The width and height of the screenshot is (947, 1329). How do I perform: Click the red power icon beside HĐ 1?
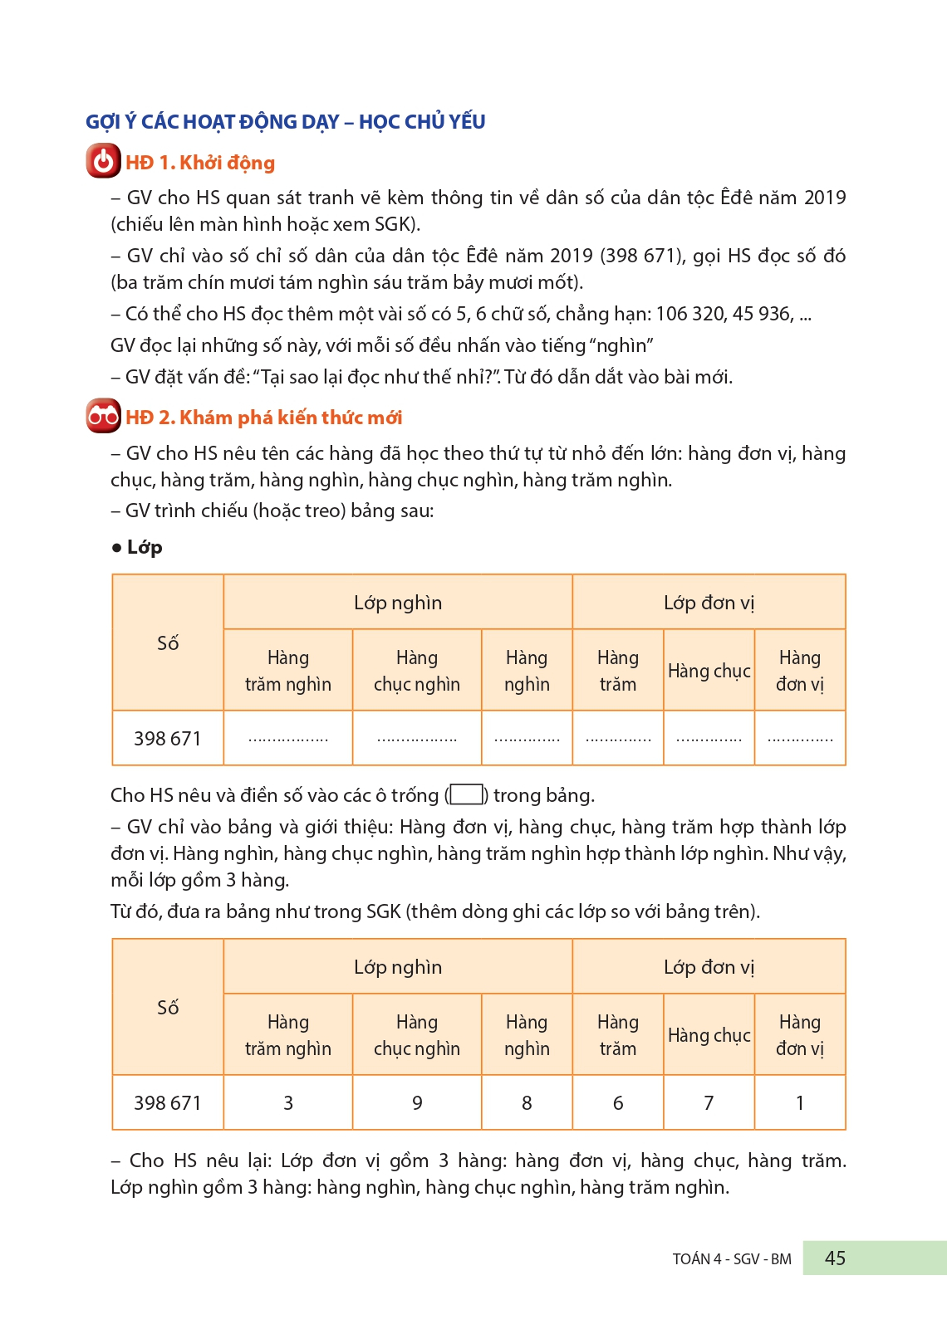pyautogui.click(x=103, y=161)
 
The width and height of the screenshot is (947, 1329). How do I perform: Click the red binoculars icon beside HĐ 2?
pyautogui.click(x=103, y=416)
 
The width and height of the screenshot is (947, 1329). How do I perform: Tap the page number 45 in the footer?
pyautogui.click(x=835, y=1258)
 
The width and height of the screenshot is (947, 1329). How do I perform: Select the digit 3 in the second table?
pyautogui.click(x=288, y=1103)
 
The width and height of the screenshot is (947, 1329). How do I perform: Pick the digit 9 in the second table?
pyautogui.click(x=417, y=1103)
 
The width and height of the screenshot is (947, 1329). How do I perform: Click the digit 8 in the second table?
pyautogui.click(x=527, y=1103)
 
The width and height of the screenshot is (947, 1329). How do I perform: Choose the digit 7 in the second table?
pyautogui.click(x=709, y=1103)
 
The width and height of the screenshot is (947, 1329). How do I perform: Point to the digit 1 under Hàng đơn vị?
pyautogui.click(x=800, y=1103)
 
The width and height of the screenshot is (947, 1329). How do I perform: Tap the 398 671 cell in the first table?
pyautogui.click(x=168, y=739)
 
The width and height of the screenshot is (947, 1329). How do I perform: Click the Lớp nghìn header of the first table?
pyautogui.click(x=398, y=603)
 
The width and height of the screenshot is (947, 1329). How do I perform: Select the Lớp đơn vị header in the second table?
pyautogui.click(x=709, y=967)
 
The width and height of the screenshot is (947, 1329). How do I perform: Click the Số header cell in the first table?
pyautogui.click(x=168, y=643)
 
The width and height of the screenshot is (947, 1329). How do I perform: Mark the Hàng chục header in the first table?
pyautogui.click(x=709, y=671)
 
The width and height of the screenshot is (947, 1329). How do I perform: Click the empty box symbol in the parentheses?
pyautogui.click(x=467, y=795)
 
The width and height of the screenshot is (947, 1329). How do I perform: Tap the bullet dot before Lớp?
pyautogui.click(x=116, y=548)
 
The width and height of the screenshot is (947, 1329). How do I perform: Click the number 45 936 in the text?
pyautogui.click(x=762, y=314)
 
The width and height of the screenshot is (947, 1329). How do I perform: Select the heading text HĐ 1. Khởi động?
pyautogui.click(x=200, y=163)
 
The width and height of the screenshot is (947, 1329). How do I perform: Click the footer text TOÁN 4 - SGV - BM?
pyautogui.click(x=732, y=1259)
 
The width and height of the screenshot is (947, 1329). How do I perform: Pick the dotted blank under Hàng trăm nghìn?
pyautogui.click(x=288, y=739)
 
